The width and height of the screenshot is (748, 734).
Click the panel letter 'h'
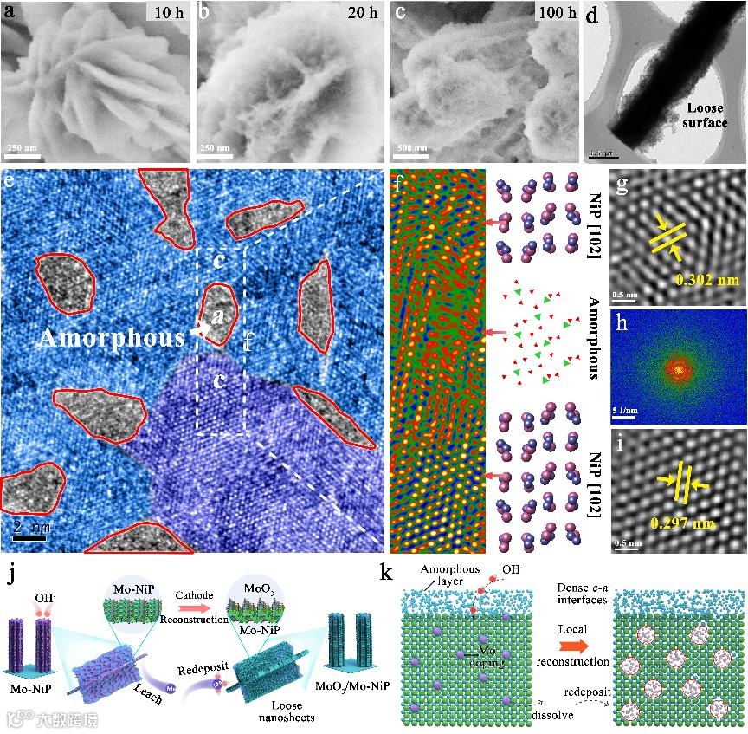(x=617, y=317)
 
